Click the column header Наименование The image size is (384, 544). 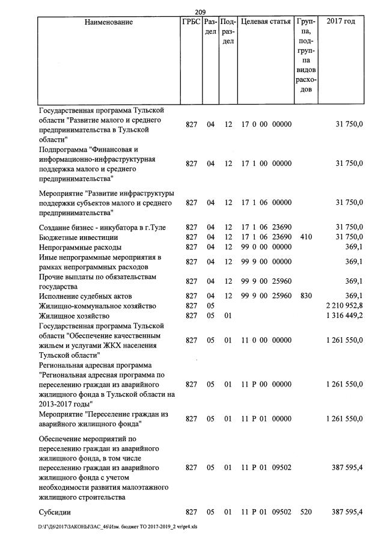[x=108, y=22]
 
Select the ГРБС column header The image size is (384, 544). [x=190, y=22]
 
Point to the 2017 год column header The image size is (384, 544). [x=341, y=22]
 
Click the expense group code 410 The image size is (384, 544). [x=305, y=237]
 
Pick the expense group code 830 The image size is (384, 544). [x=305, y=296]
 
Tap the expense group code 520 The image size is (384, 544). [x=305, y=512]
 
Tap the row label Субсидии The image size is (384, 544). [x=55, y=512]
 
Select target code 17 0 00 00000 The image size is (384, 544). [x=266, y=124]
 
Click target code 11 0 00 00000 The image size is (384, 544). [x=266, y=340]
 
